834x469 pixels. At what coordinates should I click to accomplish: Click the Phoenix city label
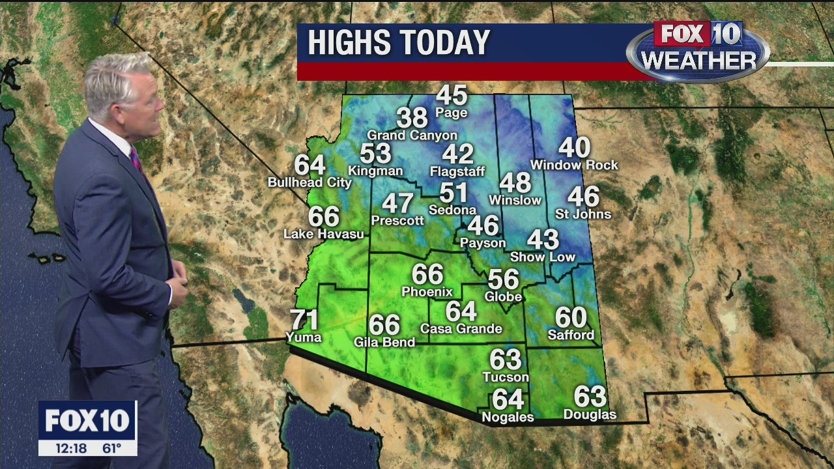click(427, 292)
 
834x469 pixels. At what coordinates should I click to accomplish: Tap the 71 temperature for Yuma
click(304, 320)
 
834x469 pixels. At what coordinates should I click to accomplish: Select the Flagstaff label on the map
click(457, 172)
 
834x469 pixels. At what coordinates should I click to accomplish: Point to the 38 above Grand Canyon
click(412, 118)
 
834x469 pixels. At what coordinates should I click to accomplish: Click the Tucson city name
click(506, 377)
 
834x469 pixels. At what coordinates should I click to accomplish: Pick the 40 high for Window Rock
click(574, 148)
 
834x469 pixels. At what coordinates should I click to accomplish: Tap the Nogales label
click(508, 418)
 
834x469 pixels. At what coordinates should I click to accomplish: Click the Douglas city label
click(590, 415)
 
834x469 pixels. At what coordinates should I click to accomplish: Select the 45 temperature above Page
click(452, 96)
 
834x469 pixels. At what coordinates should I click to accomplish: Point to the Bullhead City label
click(309, 183)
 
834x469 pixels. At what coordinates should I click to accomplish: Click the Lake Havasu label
click(324, 234)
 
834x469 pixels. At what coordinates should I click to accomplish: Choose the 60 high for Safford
click(571, 318)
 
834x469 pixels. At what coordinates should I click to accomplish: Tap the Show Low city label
click(543, 257)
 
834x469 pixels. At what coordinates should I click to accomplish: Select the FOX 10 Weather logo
click(698, 51)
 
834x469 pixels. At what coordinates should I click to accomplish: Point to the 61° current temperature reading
click(112, 448)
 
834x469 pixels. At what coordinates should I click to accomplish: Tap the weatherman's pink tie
click(136, 159)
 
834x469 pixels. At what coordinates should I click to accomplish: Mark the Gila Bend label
click(384, 342)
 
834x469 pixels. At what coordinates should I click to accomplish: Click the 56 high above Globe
click(503, 280)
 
